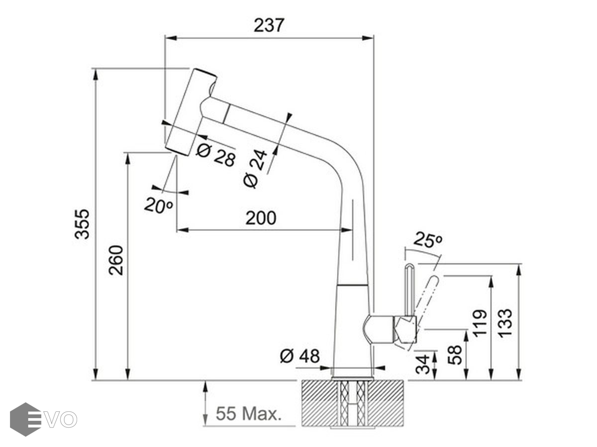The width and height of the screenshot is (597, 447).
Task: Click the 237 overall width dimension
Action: coord(269,25)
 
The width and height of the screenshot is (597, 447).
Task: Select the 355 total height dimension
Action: coord(83,223)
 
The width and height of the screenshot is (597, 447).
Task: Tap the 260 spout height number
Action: coord(116,260)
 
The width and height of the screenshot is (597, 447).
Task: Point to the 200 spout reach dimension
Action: coord(261,218)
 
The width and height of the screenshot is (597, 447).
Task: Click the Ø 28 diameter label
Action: coord(215,155)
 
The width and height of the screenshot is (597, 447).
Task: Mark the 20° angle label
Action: coord(158,205)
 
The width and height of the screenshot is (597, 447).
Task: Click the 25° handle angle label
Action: coord(427,241)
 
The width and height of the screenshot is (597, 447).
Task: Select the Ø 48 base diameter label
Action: coord(299,356)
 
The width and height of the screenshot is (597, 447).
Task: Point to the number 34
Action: coord(422,364)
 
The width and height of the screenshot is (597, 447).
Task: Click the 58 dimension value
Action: coord(455,355)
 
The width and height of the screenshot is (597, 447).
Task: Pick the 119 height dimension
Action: coord(480,323)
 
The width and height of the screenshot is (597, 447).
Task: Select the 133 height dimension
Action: coord(504,323)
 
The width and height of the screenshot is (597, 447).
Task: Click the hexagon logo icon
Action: coord(25,419)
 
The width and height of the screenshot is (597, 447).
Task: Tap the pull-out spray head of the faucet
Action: coord(190,112)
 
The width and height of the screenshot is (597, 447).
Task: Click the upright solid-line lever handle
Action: coord(409,291)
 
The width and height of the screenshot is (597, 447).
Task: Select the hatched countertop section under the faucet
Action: coord(353,403)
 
